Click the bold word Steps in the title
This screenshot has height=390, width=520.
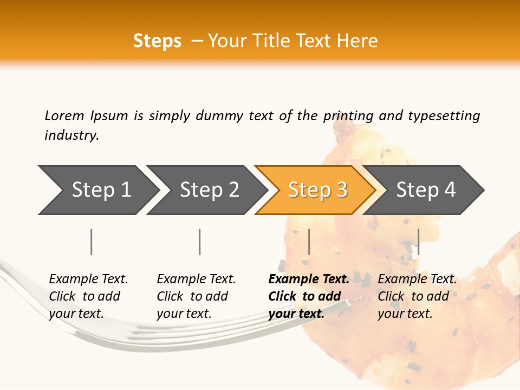[x=157, y=41]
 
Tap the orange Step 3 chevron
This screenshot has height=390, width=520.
[x=317, y=190]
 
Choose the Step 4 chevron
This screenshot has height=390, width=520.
[x=426, y=190]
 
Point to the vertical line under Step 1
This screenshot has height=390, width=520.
[x=92, y=242]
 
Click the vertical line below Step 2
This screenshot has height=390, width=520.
[x=200, y=242]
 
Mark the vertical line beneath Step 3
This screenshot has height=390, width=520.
[x=309, y=242]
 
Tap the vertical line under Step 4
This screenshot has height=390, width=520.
[x=418, y=242]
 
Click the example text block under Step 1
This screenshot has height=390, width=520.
[x=88, y=296]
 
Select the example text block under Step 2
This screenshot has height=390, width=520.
[x=196, y=296]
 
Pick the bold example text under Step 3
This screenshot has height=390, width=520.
[x=309, y=296]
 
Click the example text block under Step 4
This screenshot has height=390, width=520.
[x=417, y=296]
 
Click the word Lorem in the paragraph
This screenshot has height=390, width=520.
[x=64, y=115]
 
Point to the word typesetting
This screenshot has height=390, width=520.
[x=444, y=116]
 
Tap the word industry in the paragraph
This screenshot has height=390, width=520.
[x=71, y=135]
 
